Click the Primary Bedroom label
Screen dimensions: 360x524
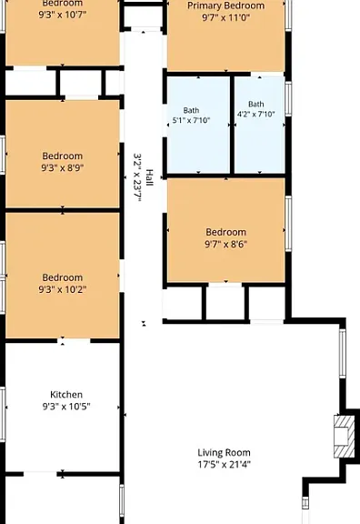[x=225, y=5]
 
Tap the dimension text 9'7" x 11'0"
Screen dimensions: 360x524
[x=225, y=17]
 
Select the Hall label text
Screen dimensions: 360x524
[x=149, y=177]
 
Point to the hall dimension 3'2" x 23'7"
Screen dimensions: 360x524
[x=137, y=177]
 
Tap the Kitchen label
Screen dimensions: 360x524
[x=66, y=395]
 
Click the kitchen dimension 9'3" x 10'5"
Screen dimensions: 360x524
[x=66, y=407]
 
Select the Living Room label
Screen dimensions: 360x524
[x=224, y=453]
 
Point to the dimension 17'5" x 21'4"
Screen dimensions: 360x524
[x=224, y=465]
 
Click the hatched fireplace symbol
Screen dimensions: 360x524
[x=345, y=437]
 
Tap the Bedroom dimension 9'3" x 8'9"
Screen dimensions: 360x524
[x=63, y=167]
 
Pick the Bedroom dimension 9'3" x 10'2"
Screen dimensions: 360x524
[x=63, y=289]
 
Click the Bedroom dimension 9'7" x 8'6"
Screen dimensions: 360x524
[x=225, y=244]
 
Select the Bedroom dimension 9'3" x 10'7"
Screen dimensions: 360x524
[x=63, y=15]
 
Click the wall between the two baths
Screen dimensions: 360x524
[x=232, y=125]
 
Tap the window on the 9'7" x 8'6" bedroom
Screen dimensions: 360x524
[x=288, y=223]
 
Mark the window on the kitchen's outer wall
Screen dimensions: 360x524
[x=3, y=415]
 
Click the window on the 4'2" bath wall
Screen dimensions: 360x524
[x=288, y=99]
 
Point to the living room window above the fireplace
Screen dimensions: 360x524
[x=343, y=354]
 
